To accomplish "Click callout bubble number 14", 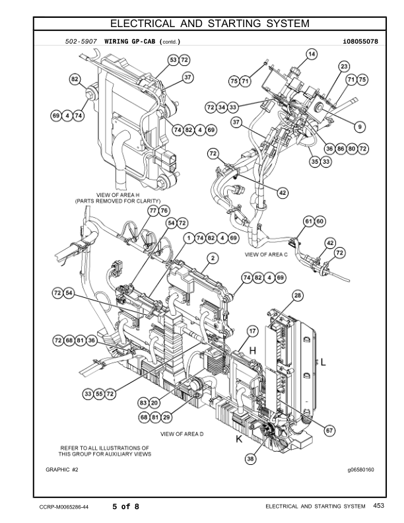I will [x=312, y=53].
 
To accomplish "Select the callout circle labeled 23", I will [x=344, y=67].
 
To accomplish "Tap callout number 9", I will [x=360, y=126].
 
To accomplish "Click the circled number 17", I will [x=252, y=330].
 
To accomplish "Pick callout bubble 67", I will [x=329, y=430].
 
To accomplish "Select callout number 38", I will [x=251, y=458].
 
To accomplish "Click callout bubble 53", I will [x=173, y=60].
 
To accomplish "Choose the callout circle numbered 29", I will [x=166, y=417].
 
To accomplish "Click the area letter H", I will [x=253, y=351].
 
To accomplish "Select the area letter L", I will [x=323, y=361].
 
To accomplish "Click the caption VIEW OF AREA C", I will [x=267, y=254].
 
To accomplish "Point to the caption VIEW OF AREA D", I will [x=183, y=435].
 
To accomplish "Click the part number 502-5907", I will [x=82, y=42].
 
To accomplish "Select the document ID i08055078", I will [x=360, y=42].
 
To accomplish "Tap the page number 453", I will [x=378, y=506].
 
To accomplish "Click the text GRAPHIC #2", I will [x=62, y=470].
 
